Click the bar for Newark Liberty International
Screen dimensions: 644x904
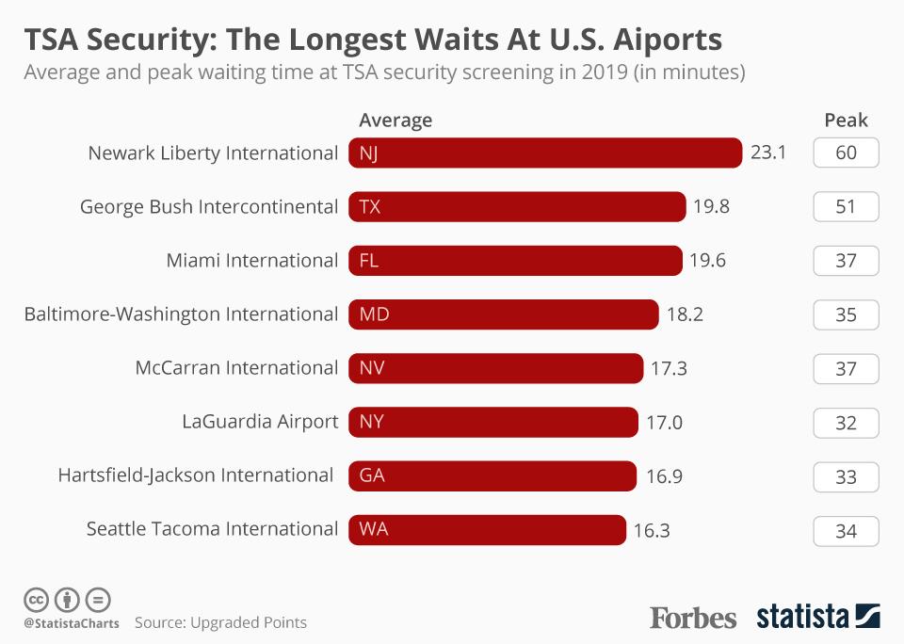(545, 153)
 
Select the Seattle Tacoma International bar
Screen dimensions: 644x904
(487, 530)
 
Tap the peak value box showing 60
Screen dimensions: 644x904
(846, 153)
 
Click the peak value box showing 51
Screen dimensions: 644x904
(846, 206)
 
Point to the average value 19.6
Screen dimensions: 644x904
(707, 261)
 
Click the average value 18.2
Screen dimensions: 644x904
(685, 314)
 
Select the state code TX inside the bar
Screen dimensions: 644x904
(370, 207)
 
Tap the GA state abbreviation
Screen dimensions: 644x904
(372, 476)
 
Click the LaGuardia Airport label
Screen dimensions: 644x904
(260, 422)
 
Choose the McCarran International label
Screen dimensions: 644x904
(236, 368)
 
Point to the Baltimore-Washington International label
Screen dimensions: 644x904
(181, 314)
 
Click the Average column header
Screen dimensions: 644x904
(395, 121)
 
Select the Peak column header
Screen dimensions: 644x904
(846, 121)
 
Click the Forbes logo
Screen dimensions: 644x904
(693, 618)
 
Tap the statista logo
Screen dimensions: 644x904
(817, 618)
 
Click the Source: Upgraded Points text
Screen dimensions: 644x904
(220, 622)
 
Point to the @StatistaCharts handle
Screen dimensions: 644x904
(72, 623)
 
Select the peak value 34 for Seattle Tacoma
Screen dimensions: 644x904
(846, 531)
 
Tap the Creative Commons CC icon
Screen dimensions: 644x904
(36, 600)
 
